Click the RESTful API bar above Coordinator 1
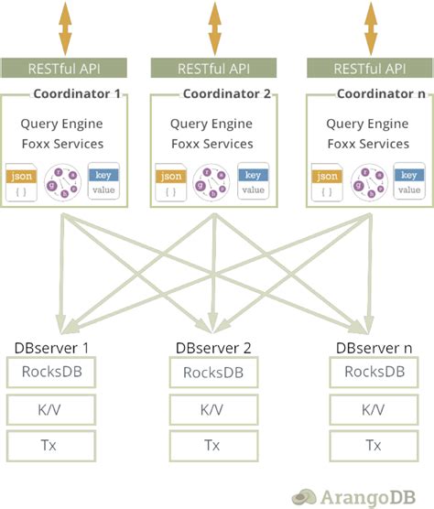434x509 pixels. click(x=63, y=68)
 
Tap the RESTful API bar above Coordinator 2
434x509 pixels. click(x=213, y=68)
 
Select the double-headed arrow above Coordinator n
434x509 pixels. click(x=371, y=28)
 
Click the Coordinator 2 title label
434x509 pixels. click(x=226, y=93)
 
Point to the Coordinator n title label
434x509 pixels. click(x=381, y=93)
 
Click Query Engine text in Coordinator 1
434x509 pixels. click(x=61, y=124)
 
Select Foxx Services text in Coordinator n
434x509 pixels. click(x=368, y=144)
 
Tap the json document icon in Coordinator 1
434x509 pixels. click(x=21, y=182)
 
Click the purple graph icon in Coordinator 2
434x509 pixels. click(x=212, y=181)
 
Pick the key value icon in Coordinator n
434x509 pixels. click(x=409, y=181)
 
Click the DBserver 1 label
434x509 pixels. click(x=51, y=348)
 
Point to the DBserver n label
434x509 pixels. click(x=374, y=348)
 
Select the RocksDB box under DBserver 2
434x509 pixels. click(x=213, y=373)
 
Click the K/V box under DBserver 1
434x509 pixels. click(x=51, y=409)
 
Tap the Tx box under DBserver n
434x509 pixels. click(x=374, y=446)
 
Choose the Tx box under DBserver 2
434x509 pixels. click(x=213, y=446)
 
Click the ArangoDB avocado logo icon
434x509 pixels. click(x=304, y=497)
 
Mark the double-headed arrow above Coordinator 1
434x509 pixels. click(x=65, y=28)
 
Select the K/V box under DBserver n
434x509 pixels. click(x=374, y=409)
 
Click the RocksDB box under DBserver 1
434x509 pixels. click(x=51, y=372)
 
